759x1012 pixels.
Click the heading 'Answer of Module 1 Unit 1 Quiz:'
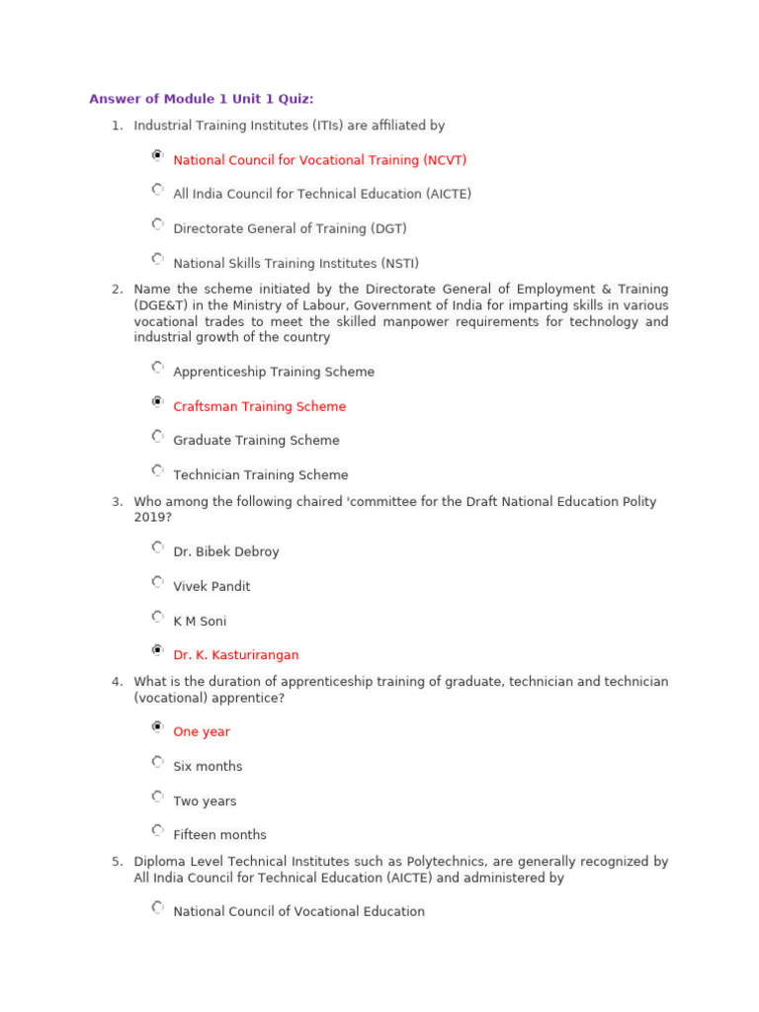point(202,99)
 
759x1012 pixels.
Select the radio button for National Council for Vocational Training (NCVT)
point(157,156)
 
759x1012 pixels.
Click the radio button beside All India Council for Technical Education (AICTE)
point(157,190)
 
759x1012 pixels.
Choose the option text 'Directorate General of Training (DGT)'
point(290,228)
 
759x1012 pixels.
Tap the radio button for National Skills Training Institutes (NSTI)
point(157,259)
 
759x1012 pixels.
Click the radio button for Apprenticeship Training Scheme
point(157,368)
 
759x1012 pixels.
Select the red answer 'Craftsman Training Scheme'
point(259,406)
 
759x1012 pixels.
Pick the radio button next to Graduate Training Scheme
point(157,436)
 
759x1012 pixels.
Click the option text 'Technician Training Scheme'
point(260,475)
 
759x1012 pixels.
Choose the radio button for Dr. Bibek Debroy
point(157,548)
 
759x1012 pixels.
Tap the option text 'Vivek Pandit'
point(211,586)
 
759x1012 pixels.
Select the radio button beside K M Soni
point(157,617)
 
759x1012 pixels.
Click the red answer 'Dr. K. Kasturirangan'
point(235,655)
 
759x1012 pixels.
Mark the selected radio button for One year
point(157,727)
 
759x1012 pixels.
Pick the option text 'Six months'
point(208,767)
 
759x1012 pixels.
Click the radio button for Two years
point(157,797)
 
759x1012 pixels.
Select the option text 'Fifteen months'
point(219,835)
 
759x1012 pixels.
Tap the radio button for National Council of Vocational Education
point(157,907)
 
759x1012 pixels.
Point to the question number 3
point(117,502)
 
